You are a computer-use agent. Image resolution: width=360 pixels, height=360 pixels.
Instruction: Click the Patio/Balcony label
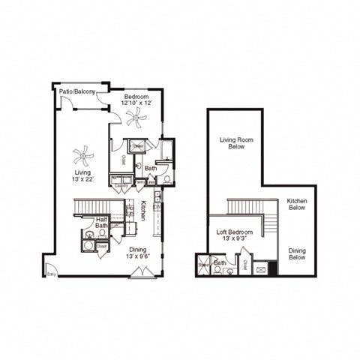pyautogui.click(x=77, y=91)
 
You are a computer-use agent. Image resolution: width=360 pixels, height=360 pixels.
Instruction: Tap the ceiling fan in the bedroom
pyautogui.click(x=136, y=116)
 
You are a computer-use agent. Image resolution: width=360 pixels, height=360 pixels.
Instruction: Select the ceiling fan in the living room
pyautogui.click(x=83, y=157)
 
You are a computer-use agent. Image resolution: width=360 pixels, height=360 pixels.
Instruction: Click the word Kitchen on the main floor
pyautogui.click(x=143, y=210)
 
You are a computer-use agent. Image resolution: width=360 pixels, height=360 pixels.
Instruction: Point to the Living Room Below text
pyautogui.click(x=234, y=143)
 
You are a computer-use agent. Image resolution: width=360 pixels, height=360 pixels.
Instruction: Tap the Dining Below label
pyautogui.click(x=297, y=253)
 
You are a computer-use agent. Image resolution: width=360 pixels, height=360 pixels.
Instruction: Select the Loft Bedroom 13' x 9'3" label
pyautogui.click(x=230, y=236)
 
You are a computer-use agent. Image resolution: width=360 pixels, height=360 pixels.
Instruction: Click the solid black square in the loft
pyautogui.click(x=274, y=268)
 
